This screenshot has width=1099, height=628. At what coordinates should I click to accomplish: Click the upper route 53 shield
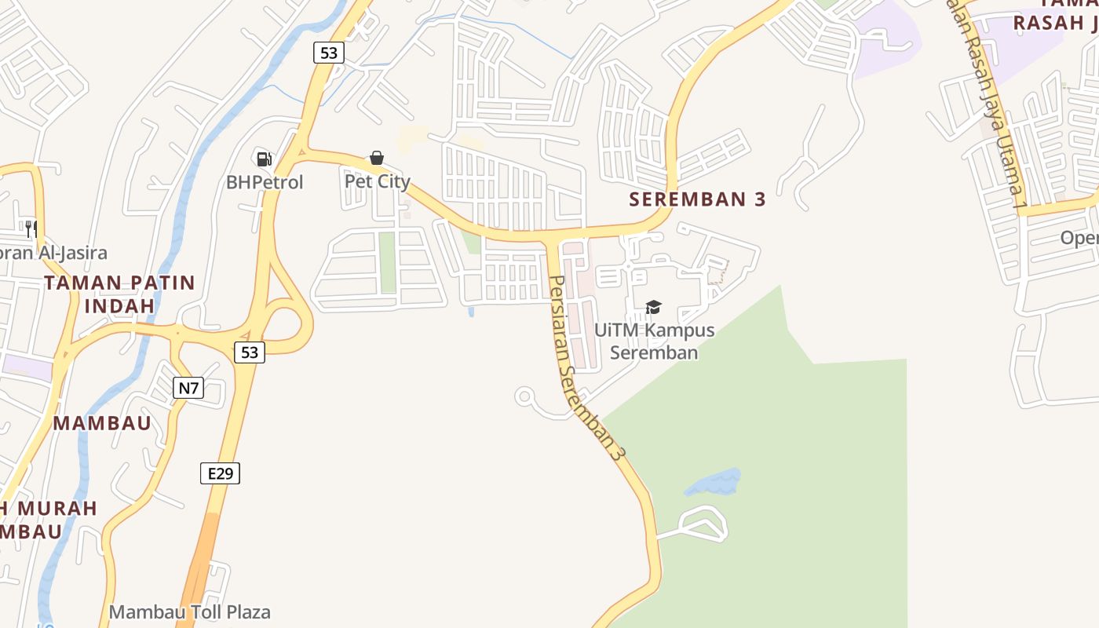[328, 53]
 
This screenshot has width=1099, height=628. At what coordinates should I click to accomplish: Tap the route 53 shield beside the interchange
[249, 352]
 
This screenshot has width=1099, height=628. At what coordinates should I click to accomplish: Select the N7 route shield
[188, 387]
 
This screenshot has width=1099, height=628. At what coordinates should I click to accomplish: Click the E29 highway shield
[220, 473]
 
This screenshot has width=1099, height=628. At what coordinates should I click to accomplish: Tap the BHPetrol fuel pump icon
[264, 159]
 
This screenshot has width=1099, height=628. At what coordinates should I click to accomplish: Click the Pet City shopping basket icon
[377, 158]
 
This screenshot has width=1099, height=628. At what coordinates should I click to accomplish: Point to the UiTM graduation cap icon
[653, 307]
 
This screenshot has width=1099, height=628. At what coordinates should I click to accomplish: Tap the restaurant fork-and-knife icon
[31, 229]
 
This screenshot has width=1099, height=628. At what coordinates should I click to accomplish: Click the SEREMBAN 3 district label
[697, 199]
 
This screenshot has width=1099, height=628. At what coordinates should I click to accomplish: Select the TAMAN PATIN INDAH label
[119, 294]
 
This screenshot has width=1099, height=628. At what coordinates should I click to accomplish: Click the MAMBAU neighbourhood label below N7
[102, 423]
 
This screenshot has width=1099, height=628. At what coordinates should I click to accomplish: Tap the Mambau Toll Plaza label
[190, 612]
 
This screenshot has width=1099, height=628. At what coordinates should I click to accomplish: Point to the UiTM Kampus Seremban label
[654, 341]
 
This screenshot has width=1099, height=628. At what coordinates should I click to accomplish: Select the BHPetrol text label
[265, 182]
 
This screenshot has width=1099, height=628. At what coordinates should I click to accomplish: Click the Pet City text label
[378, 181]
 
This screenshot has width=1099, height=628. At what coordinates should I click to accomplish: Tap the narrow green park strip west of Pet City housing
[387, 262]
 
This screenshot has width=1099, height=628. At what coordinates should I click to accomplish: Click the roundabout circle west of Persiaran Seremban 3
[525, 396]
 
